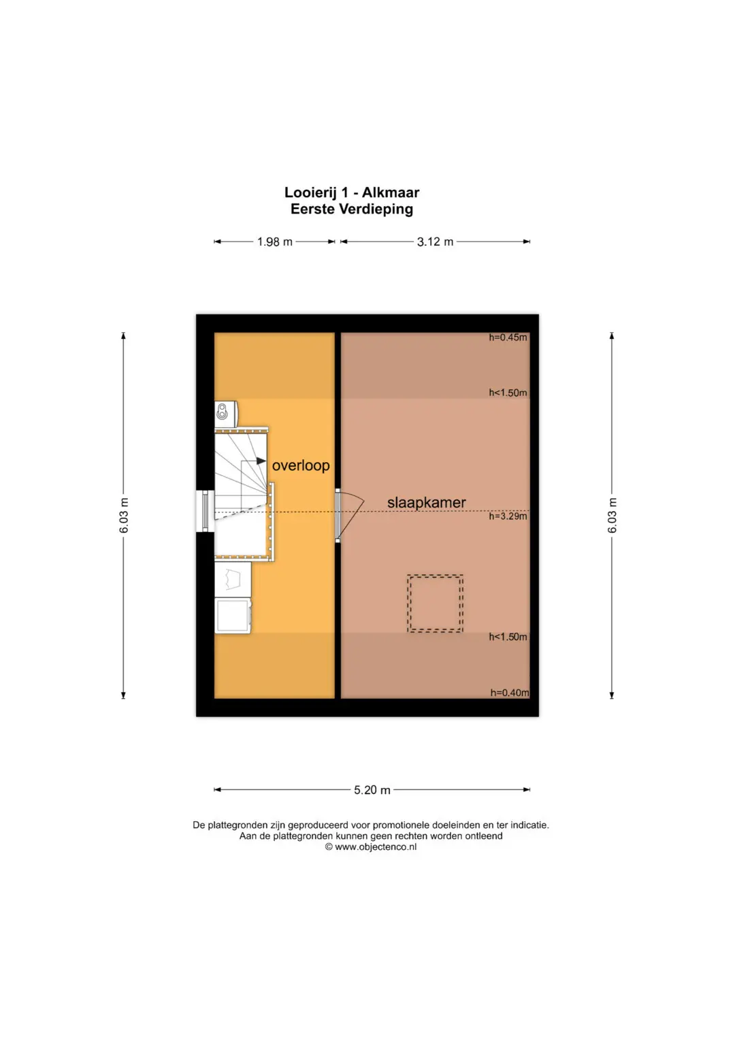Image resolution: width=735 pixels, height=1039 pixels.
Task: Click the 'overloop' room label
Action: pos(301,465)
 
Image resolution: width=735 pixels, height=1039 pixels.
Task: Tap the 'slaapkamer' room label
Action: pos(427,502)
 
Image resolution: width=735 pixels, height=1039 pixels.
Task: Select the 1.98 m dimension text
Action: pos(275,242)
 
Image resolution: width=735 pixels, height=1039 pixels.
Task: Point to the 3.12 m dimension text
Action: pos(435,242)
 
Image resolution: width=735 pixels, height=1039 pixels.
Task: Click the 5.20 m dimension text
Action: pos(372,790)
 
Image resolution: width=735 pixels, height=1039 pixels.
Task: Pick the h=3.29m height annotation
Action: pos(508,516)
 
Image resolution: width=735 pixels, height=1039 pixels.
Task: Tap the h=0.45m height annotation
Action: pos(508,337)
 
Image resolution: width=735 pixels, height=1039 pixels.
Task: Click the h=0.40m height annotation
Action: pos(510,693)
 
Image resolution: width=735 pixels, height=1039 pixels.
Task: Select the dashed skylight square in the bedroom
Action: pos(436,576)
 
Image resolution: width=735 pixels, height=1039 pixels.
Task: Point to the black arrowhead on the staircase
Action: pos(261,461)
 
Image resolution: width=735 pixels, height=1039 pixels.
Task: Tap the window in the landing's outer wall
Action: pos(205,511)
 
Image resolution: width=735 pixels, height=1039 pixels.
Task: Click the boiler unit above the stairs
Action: pos(226,414)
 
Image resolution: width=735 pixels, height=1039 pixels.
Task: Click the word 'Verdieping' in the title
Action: pos(376,209)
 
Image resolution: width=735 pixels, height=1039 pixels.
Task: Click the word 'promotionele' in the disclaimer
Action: pos(402,825)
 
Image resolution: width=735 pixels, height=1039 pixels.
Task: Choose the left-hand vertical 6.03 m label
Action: pos(124,515)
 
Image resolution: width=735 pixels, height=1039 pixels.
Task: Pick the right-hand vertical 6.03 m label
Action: pos(612,515)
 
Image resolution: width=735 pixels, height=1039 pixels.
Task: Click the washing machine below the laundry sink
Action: pos(233,616)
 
